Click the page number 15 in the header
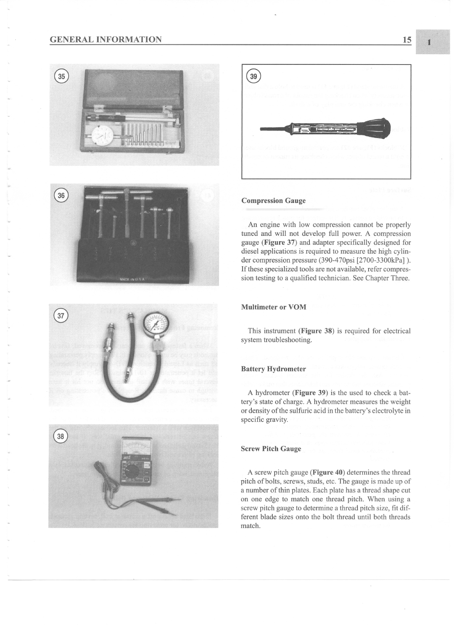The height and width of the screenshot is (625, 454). click(407, 40)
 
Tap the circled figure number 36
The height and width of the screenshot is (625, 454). click(61, 195)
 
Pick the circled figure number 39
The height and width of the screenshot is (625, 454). click(253, 76)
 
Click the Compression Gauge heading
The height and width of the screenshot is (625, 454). click(273, 201)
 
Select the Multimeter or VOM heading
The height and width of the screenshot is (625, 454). click(274, 307)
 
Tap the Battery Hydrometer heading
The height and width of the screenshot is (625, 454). click(273, 369)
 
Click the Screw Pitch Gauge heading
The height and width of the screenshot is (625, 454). click(271, 449)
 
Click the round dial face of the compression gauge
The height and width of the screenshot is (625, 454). click(156, 325)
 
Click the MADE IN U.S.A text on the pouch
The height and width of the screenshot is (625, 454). click(132, 280)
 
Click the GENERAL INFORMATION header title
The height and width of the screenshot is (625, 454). click(106, 40)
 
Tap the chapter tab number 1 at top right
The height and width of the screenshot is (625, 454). click(429, 42)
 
